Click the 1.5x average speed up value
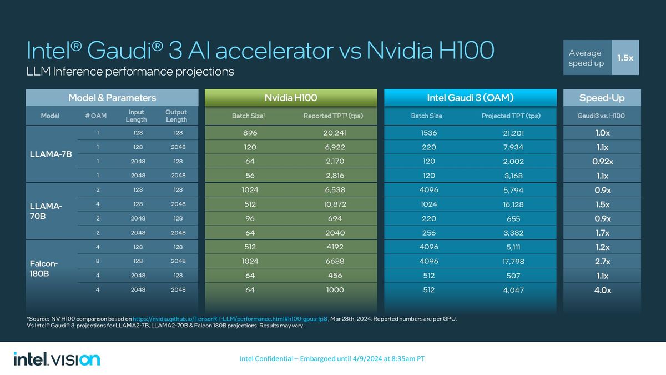[x=625, y=58]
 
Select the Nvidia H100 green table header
[x=291, y=98]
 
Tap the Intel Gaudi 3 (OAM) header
[x=470, y=98]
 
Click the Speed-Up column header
[x=602, y=98]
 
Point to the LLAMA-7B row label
[x=51, y=154]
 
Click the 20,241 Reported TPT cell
[x=335, y=133]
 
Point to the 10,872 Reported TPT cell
[x=335, y=204]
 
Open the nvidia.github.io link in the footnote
[x=230, y=318]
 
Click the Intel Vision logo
[x=57, y=359]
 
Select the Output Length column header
[x=176, y=116]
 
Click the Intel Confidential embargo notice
[x=331, y=359]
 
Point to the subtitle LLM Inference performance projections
[x=130, y=72]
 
